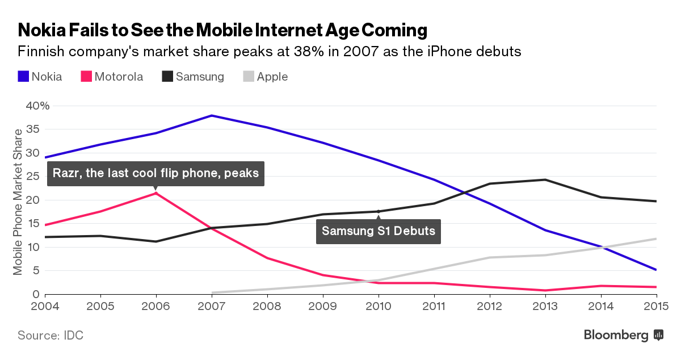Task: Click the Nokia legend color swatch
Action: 23,77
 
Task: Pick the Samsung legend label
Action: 200,77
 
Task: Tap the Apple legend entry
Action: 272,77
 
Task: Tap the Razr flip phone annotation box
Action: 155,173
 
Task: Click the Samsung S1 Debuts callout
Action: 379,231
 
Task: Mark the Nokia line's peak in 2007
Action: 212,116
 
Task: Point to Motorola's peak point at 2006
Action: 156,194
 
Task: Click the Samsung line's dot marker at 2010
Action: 379,212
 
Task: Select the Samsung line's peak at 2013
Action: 545,180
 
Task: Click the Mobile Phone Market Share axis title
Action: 19,202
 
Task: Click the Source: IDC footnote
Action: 51,335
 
